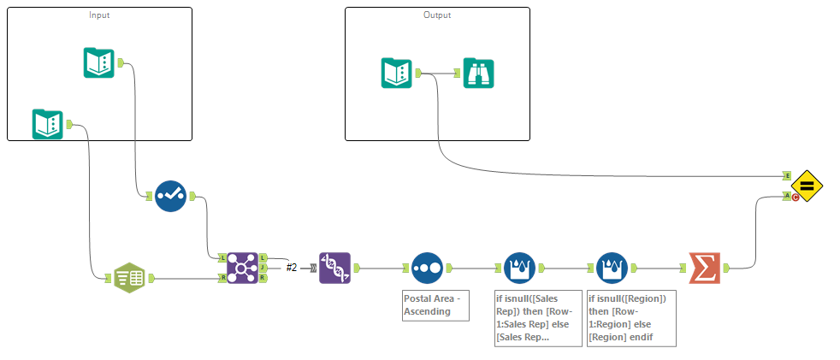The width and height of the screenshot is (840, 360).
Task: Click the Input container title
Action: (x=99, y=15)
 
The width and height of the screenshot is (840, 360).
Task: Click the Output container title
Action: (x=436, y=15)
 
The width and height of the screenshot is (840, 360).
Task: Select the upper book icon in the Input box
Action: (x=99, y=62)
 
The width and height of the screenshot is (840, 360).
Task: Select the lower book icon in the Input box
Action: (x=48, y=125)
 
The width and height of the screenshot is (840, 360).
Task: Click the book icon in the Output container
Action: (x=397, y=73)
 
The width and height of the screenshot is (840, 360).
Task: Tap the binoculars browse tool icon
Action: (x=479, y=73)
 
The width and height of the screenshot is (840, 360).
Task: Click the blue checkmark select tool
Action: (x=170, y=196)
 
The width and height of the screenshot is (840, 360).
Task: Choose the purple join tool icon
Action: (x=242, y=268)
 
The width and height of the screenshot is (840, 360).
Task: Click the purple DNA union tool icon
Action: (x=334, y=268)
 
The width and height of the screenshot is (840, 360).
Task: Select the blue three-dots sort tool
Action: (x=427, y=268)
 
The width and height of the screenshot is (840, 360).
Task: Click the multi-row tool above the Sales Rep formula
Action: (x=519, y=268)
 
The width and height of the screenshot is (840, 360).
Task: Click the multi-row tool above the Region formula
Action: (x=612, y=268)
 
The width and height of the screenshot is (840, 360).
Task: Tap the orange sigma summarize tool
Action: (x=704, y=268)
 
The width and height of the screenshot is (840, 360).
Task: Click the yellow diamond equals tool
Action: (x=807, y=186)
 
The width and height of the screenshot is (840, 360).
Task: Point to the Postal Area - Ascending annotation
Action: (x=435, y=305)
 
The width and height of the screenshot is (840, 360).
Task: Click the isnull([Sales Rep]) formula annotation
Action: (x=529, y=318)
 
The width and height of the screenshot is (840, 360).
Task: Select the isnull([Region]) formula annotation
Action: (x=631, y=317)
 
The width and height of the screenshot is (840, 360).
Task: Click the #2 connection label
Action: (x=292, y=268)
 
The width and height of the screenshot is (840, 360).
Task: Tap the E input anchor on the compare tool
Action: (x=787, y=175)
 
